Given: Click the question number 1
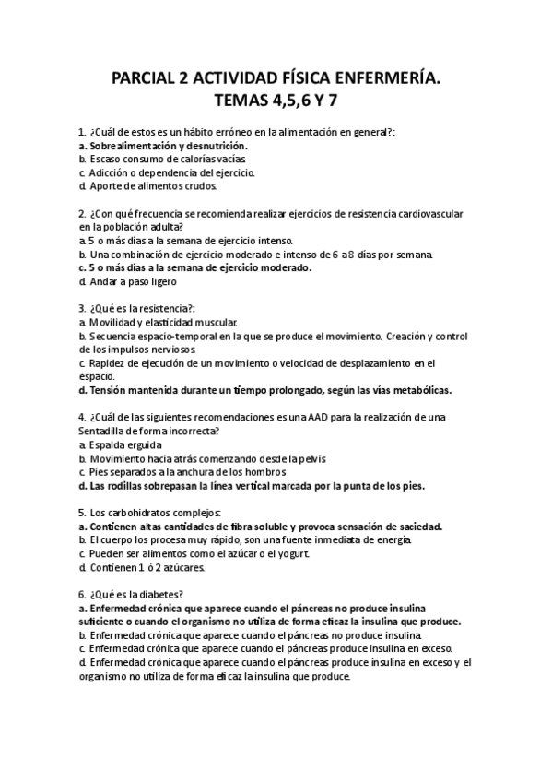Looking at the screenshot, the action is coord(82,133).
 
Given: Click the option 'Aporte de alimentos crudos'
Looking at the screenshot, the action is coord(152,185).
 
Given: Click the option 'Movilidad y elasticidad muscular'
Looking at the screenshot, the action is coord(162,322).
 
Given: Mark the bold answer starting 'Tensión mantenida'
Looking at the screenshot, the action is coord(267,389).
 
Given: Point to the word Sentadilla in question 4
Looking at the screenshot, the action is coord(108,431).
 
